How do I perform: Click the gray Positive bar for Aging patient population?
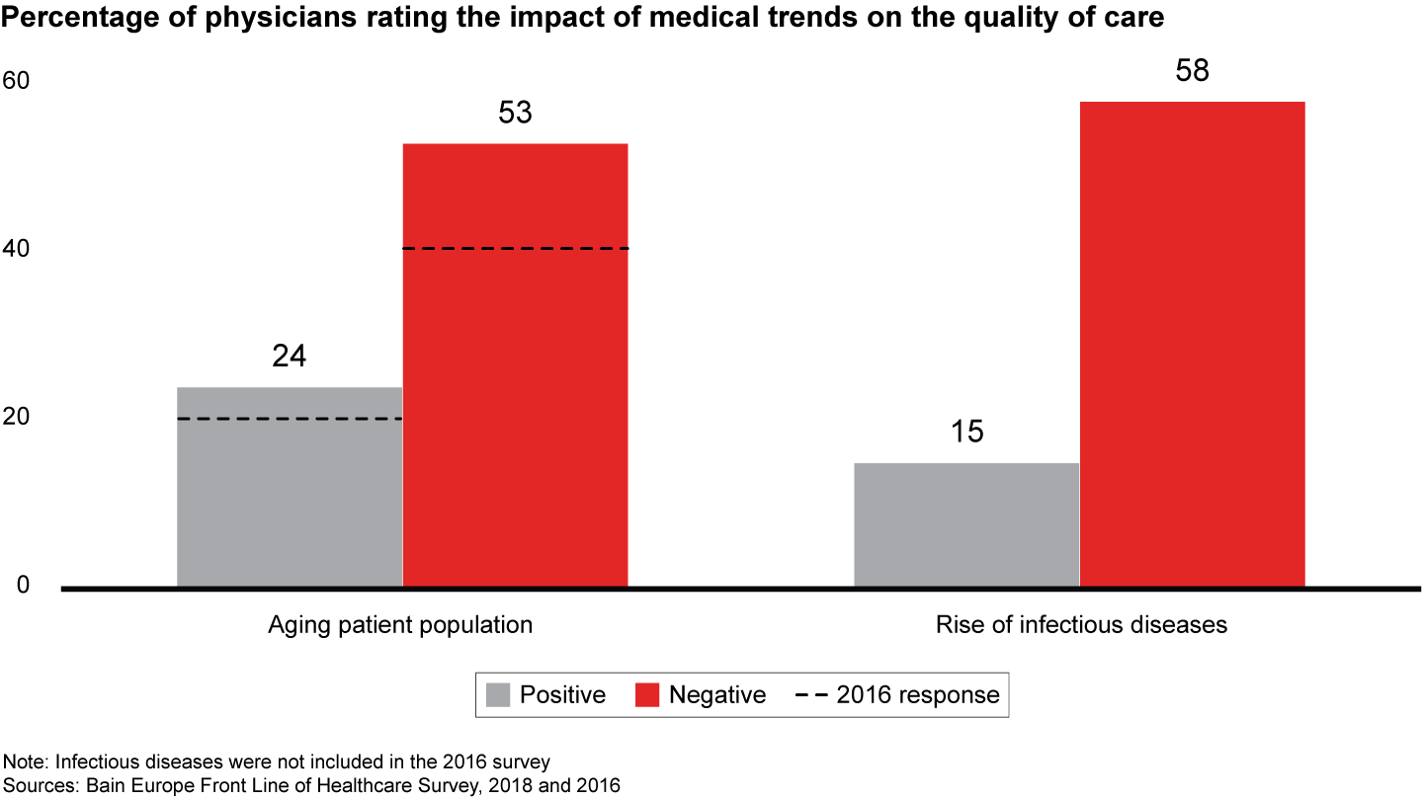click(290, 488)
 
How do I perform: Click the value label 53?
click(515, 113)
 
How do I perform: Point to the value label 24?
click(290, 356)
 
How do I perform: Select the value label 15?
click(966, 433)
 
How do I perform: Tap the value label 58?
click(1192, 71)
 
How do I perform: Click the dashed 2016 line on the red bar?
click(515, 249)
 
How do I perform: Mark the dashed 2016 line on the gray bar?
click(290, 420)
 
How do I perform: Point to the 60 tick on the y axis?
click(16, 82)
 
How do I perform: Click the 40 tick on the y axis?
click(16, 250)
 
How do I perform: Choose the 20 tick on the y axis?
click(16, 418)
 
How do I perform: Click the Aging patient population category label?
click(400, 625)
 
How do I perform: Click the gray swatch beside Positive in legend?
click(498, 695)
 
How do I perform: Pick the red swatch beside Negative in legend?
click(647, 695)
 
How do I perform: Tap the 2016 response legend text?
click(918, 695)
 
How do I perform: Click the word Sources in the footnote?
click(35, 786)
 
